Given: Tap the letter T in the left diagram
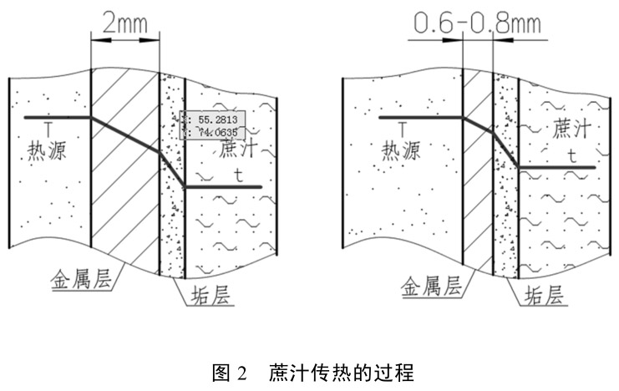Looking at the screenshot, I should click(35, 130).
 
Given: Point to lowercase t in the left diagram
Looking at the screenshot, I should click(240, 175).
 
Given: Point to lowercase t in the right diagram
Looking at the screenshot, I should click(571, 155).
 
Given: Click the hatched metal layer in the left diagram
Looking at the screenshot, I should click(124, 201).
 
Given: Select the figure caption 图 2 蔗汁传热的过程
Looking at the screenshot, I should click(310, 371).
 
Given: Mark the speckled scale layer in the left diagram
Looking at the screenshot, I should click(171, 226).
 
